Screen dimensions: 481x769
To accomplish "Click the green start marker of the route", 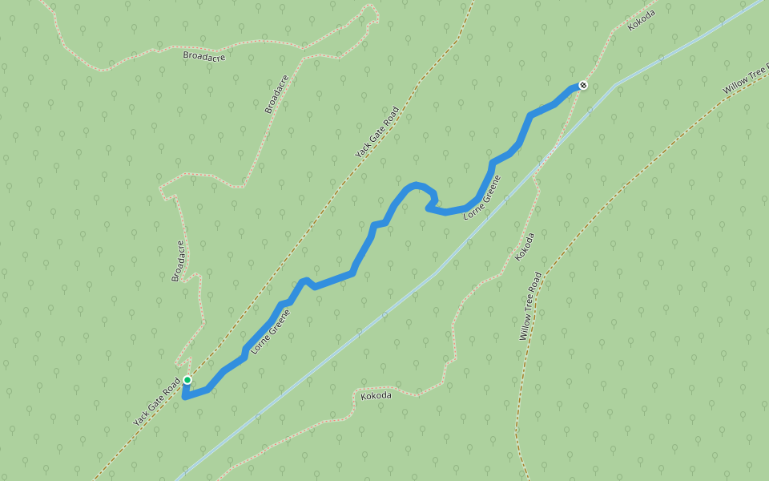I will pos(187,380).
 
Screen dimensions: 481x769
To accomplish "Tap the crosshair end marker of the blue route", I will pos(583,84).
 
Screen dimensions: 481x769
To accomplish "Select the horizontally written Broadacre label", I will pos(203,56).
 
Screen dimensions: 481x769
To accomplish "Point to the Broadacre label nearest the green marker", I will pos(178,261).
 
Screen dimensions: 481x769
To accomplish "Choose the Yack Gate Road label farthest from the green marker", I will pos(376,131).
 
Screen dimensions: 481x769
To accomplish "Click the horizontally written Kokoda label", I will pos(376,396).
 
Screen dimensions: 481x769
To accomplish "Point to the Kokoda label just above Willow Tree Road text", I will pos(525,246).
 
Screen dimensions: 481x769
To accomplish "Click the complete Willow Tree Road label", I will pos(530,305).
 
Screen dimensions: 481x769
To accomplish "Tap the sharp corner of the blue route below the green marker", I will pos(184,396).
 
